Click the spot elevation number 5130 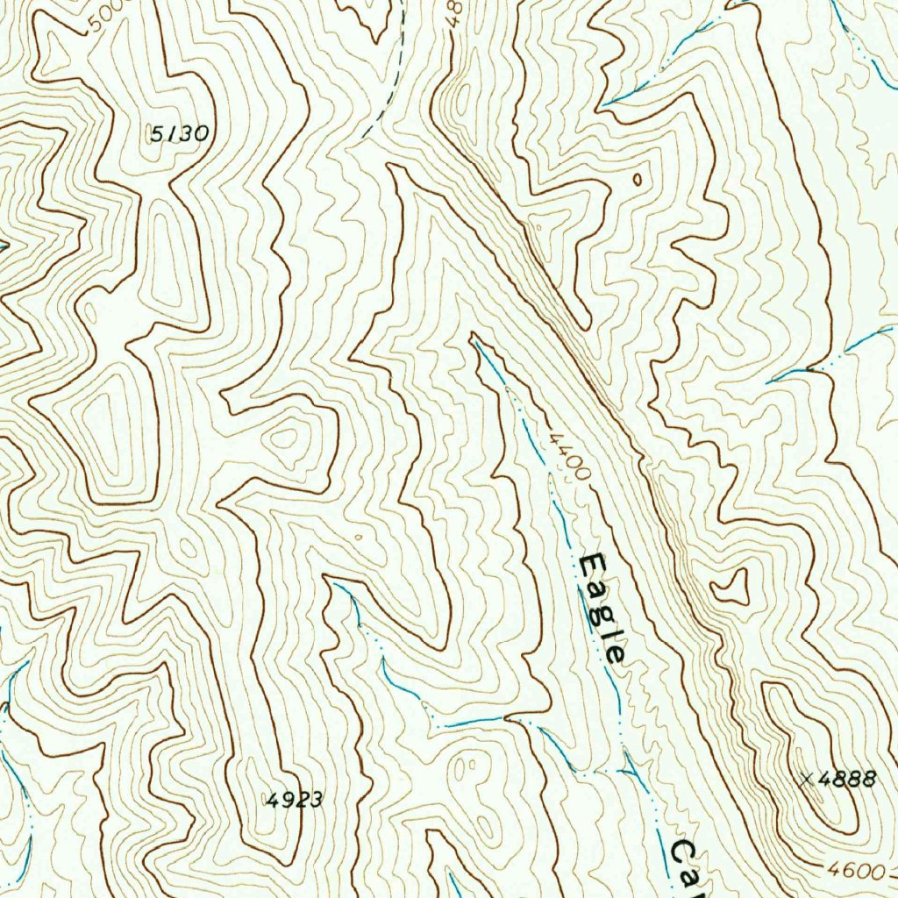180,134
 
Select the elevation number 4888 850,779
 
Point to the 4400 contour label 567,456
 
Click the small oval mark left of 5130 147,132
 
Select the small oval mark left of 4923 267,799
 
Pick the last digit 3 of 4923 317,799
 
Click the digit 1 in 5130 173,134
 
